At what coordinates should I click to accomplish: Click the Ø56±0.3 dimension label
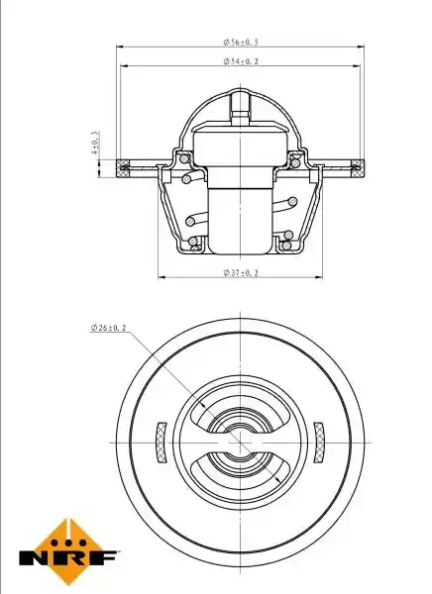click(x=241, y=42)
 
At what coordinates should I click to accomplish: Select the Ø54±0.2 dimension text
click(x=241, y=61)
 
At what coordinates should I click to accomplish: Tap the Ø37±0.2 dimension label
click(x=241, y=273)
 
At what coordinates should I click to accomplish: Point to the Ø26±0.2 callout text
click(x=108, y=328)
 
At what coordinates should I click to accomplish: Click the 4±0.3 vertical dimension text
click(x=95, y=143)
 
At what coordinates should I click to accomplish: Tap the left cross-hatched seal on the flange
click(x=123, y=168)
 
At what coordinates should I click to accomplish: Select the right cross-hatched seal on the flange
click(x=358, y=168)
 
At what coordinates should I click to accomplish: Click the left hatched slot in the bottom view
click(x=162, y=443)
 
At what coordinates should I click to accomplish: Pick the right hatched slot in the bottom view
click(x=319, y=443)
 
